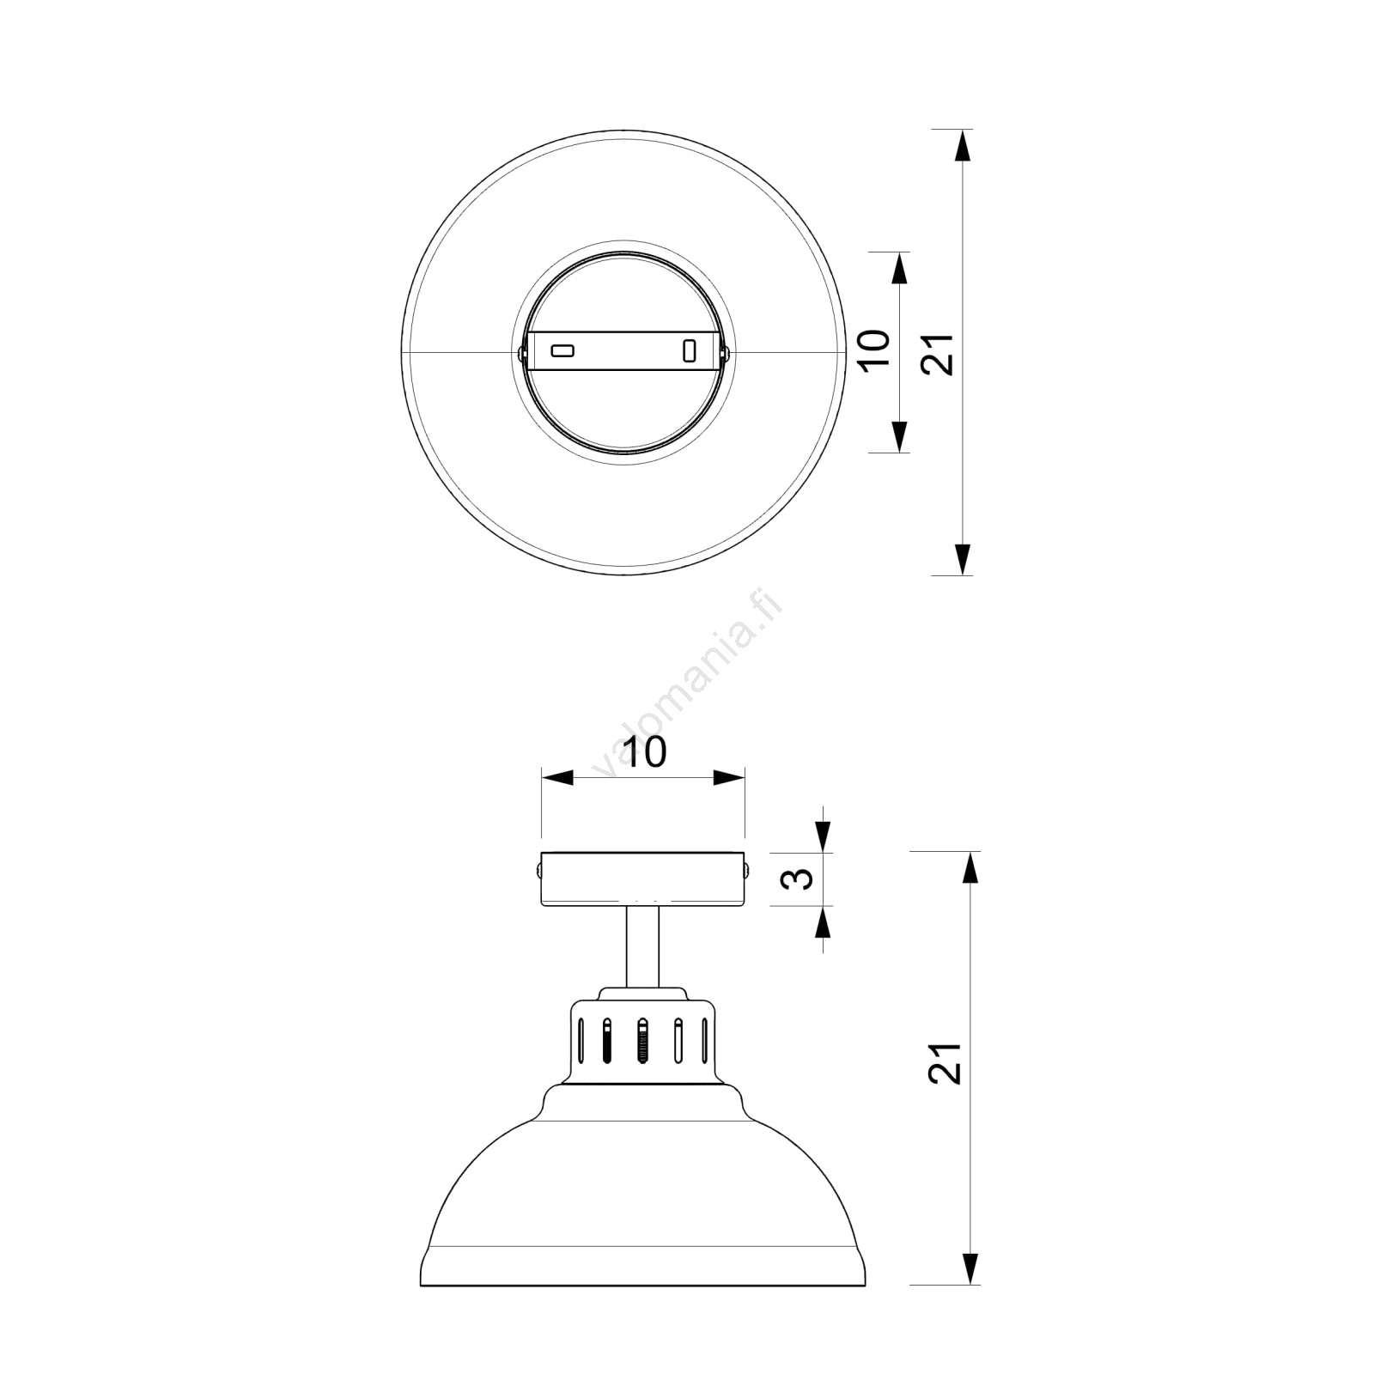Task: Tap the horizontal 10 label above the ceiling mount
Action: pyautogui.click(x=644, y=752)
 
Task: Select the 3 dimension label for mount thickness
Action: pyautogui.click(x=800, y=878)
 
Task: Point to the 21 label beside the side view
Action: pyautogui.click(x=945, y=1062)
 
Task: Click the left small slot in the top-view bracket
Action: pyautogui.click(x=562, y=350)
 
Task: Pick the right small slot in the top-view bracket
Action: pyautogui.click(x=689, y=350)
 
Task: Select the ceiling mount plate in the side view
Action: pyautogui.click(x=643, y=879)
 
